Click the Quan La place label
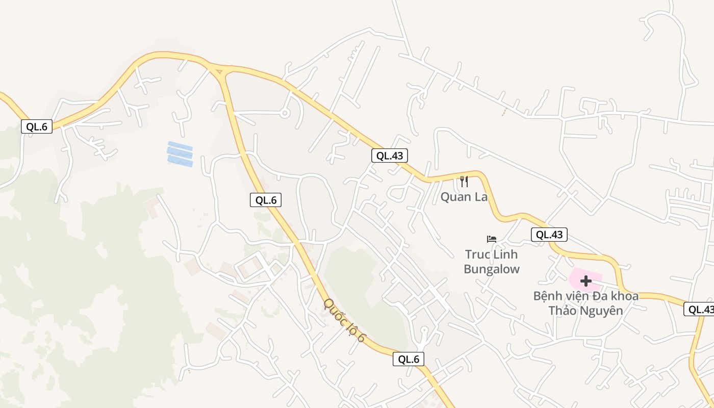coord(464,197)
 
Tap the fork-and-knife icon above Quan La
coord(464,181)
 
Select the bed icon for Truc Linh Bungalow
coord(492,239)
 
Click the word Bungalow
coord(492,269)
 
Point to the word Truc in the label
coord(477,254)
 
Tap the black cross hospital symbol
coord(586,280)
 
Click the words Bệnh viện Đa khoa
coord(585,296)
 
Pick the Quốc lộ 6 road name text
coord(345,320)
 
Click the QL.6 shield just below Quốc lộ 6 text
coord(409,359)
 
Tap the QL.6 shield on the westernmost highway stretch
coord(37,126)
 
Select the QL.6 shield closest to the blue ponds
coord(266,200)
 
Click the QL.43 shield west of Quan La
coord(390,156)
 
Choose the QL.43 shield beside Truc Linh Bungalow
coord(549,235)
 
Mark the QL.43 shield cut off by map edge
coord(699,309)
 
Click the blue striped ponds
coord(180,154)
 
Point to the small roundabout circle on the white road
coord(285,113)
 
